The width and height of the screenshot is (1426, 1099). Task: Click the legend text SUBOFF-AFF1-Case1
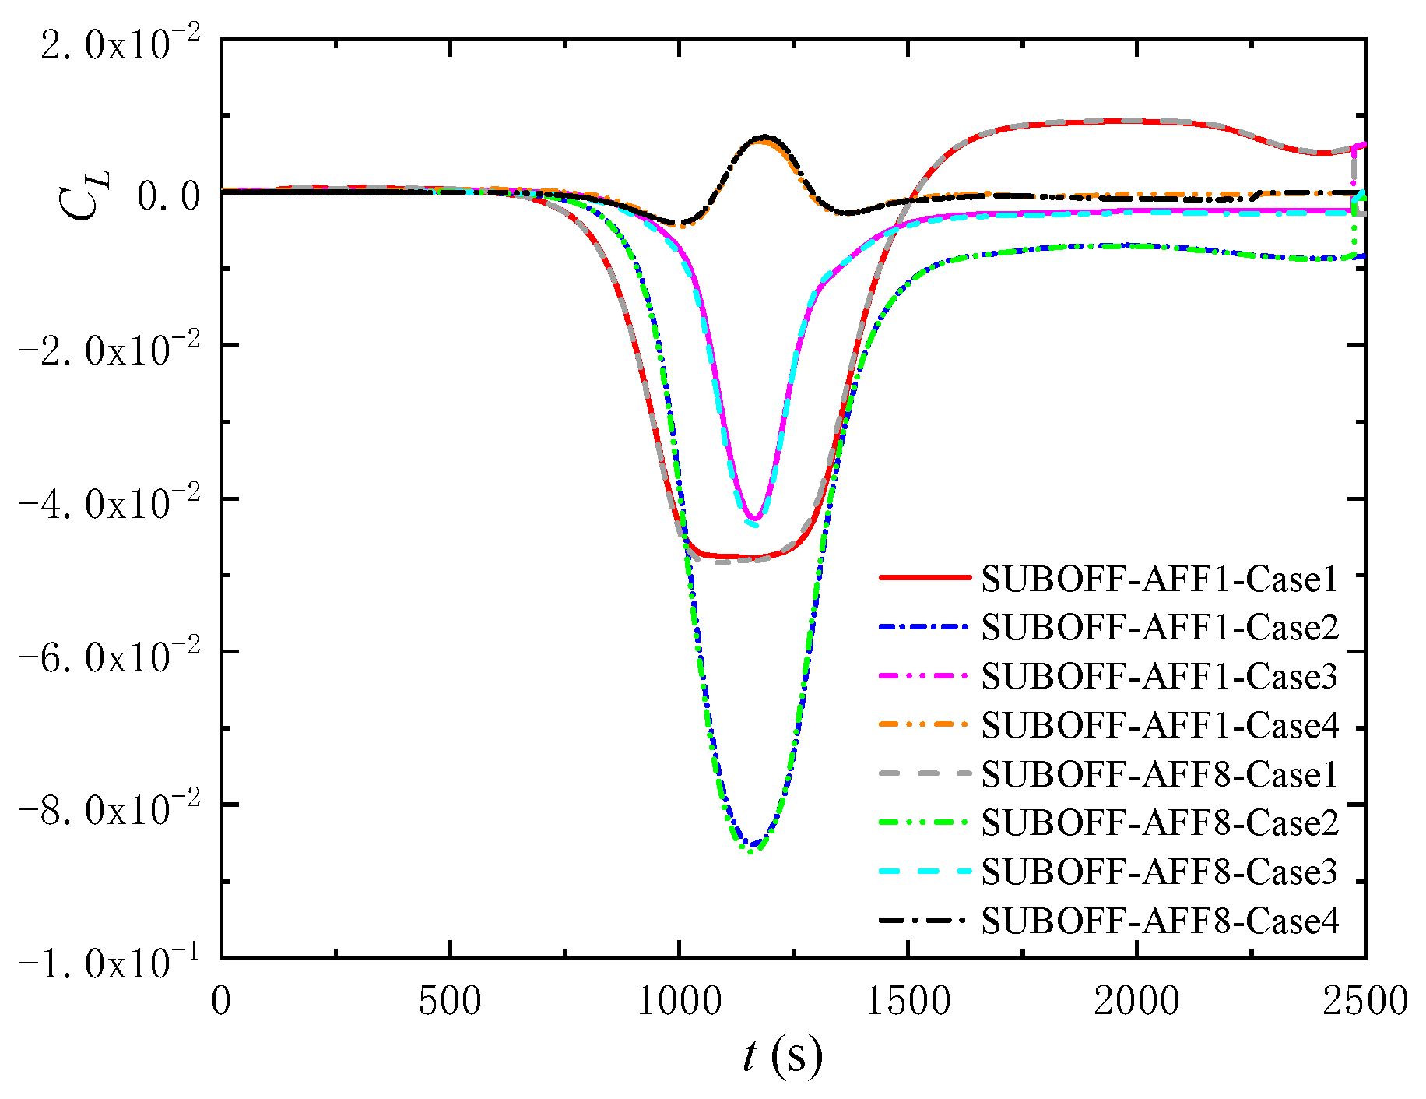coord(1159,579)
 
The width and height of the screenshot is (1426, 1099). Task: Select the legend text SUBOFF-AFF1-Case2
coord(1159,627)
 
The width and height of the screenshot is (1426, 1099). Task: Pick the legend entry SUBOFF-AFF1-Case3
coord(1159,676)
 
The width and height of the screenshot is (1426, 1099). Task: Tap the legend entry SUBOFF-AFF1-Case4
coord(1159,725)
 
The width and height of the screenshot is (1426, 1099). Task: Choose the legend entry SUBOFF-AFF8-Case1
coord(1159,774)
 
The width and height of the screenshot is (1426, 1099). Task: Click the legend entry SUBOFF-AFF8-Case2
coord(1159,822)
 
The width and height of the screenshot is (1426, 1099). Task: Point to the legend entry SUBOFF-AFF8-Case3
coord(1159,872)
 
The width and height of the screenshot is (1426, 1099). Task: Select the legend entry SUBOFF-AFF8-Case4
coord(1159,921)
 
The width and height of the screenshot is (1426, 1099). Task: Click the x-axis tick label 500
coord(450,1001)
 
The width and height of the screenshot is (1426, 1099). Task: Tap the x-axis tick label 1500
coord(908,1001)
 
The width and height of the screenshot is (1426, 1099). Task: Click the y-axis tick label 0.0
coord(170,195)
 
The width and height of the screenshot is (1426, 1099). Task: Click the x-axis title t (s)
coord(781,1056)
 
